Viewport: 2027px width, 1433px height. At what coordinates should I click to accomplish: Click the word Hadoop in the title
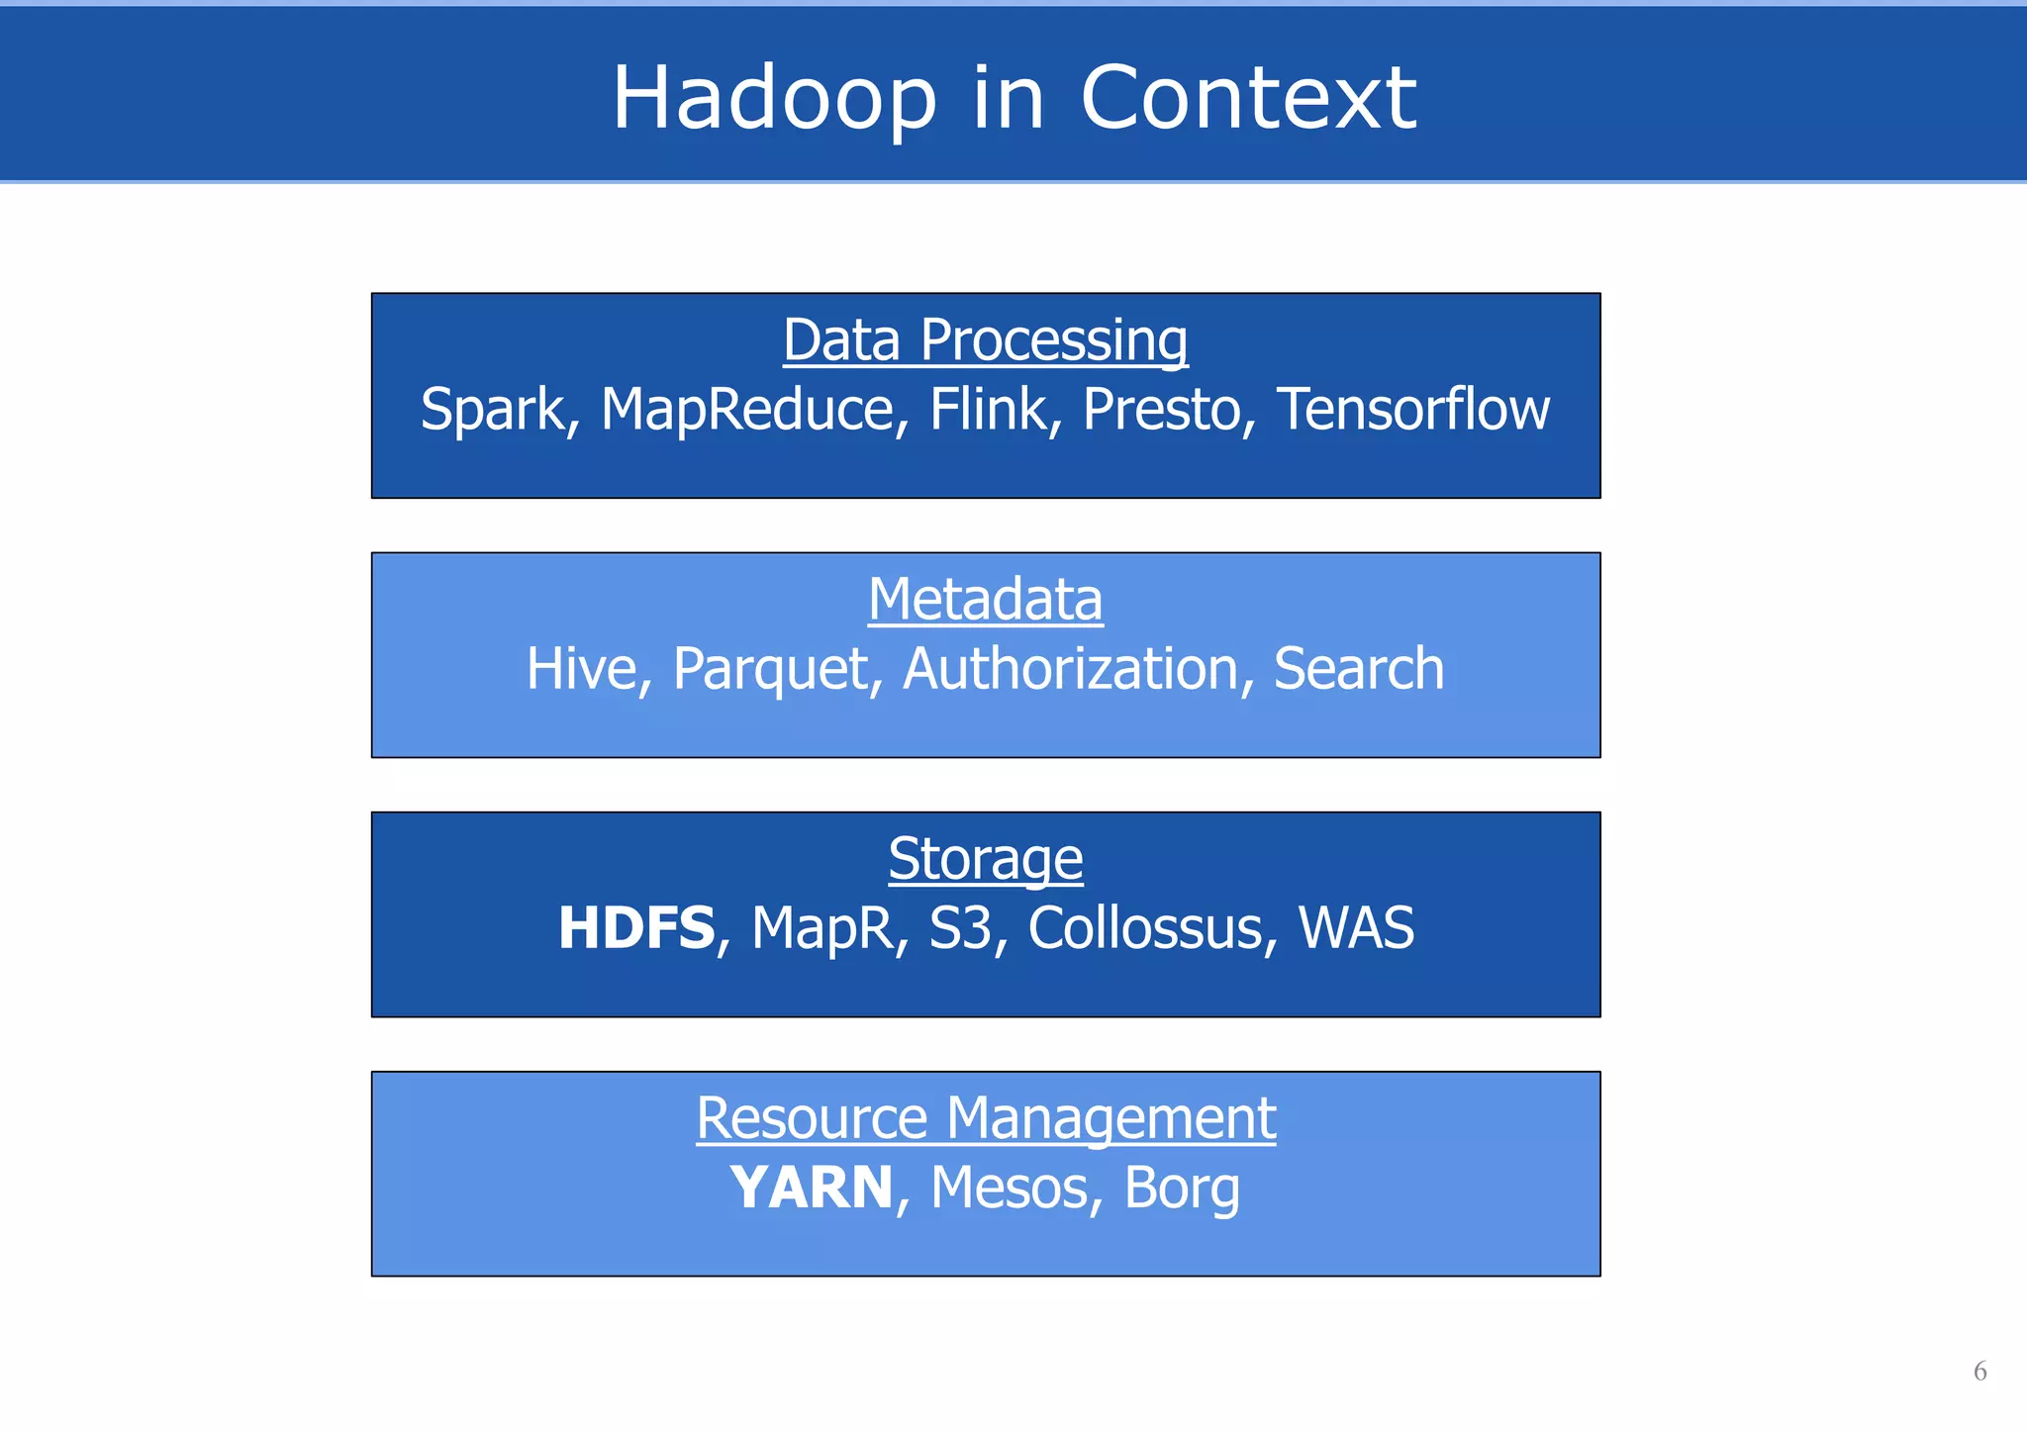point(774,98)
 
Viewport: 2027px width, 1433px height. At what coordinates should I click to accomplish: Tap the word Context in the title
point(1248,98)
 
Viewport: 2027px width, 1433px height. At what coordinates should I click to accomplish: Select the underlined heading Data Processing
point(985,340)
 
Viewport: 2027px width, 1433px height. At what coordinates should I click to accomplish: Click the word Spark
point(492,409)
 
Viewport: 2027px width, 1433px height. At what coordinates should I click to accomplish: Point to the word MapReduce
point(746,409)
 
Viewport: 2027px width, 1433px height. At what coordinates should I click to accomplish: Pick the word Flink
point(987,409)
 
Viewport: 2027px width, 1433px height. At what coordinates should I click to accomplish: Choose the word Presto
point(1161,409)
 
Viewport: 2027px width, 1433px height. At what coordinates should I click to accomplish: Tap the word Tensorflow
point(1412,409)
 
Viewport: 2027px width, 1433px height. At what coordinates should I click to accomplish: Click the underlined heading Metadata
point(985,600)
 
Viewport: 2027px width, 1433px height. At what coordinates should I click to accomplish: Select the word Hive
point(581,669)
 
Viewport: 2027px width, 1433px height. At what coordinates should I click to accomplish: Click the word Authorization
point(1070,669)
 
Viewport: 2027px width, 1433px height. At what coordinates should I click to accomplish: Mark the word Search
point(1358,669)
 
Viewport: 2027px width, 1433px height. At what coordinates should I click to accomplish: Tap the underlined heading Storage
point(985,859)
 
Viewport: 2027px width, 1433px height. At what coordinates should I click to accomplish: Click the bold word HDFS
point(635,928)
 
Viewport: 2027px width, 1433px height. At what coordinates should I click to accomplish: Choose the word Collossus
point(1145,928)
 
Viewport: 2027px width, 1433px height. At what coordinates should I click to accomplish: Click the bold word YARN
point(812,1188)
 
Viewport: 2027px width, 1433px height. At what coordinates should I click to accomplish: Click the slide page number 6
point(1979,1371)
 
